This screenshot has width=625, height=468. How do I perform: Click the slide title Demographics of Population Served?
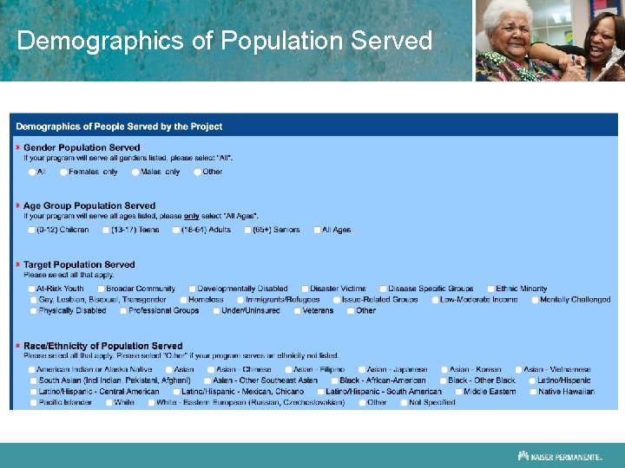click(x=224, y=41)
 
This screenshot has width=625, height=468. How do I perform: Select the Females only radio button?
click(x=64, y=172)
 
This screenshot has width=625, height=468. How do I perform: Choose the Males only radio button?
click(x=135, y=172)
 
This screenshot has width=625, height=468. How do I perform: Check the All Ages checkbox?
click(x=316, y=230)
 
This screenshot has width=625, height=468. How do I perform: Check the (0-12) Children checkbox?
click(x=32, y=230)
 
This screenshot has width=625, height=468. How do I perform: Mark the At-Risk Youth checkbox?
click(x=32, y=289)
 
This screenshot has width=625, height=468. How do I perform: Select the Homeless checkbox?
click(x=182, y=300)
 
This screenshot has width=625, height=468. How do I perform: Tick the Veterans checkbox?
click(x=297, y=310)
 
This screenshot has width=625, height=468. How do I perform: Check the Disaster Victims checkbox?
click(x=305, y=289)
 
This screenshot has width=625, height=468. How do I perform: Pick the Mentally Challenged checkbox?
click(x=534, y=300)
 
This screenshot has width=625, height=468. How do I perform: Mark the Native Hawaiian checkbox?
click(x=532, y=392)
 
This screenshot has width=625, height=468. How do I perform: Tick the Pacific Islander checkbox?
click(x=32, y=402)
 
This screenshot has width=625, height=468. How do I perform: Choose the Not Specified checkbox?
click(x=404, y=402)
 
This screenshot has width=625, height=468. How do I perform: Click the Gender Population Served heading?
click(x=82, y=148)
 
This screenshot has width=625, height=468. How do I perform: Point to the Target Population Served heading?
click(x=79, y=264)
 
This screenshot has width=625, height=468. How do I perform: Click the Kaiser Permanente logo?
click(x=559, y=455)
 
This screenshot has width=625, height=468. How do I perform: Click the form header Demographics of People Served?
click(x=119, y=127)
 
